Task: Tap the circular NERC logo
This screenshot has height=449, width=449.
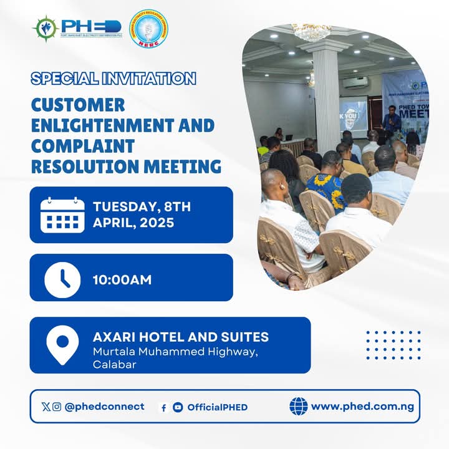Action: coord(148,28)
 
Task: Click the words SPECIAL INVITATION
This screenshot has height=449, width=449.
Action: coord(113,79)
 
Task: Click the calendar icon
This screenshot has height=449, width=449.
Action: coord(62,215)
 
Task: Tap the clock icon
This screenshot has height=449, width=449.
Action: coord(62,279)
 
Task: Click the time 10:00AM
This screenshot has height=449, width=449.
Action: coord(122,280)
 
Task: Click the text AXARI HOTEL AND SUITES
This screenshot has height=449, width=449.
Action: coord(181,337)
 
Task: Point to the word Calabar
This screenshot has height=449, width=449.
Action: coord(114,364)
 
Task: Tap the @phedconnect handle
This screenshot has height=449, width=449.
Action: coord(104,407)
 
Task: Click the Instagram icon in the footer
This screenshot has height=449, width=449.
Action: coord(57,407)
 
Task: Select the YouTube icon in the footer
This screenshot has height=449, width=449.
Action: coord(178,407)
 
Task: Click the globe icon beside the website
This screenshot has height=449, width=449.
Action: coord(299,407)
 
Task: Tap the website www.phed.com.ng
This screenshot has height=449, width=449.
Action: coord(362,407)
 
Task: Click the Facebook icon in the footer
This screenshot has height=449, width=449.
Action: coord(163,408)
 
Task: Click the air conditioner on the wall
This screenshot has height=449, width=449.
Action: coord(356,82)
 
